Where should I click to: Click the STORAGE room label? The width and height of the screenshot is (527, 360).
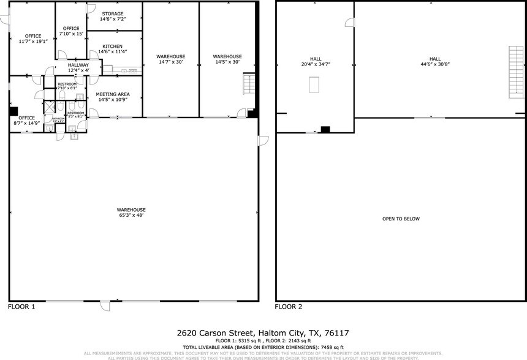point(112,13)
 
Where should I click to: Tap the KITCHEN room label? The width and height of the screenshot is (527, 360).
point(112,47)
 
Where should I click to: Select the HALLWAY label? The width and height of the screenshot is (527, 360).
point(78,65)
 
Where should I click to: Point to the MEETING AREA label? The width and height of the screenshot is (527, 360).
point(112,94)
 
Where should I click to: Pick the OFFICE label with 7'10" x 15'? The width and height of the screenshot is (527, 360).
point(71,29)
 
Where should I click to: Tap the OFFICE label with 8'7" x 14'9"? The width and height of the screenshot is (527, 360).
point(26,118)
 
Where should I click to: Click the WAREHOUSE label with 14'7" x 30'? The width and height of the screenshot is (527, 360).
point(171,57)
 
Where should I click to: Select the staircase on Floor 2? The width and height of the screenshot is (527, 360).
point(517,73)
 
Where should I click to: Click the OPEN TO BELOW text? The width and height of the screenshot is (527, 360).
point(401,219)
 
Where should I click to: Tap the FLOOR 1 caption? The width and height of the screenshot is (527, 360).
point(21,306)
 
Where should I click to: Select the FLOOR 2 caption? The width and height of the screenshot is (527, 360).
point(288,306)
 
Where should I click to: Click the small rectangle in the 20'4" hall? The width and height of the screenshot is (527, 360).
point(315,84)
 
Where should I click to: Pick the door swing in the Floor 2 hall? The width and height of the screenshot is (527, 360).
point(350,23)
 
